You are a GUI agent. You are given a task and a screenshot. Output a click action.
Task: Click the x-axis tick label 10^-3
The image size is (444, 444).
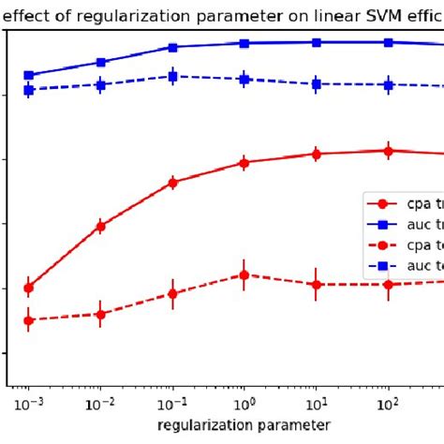(x=28, y=403)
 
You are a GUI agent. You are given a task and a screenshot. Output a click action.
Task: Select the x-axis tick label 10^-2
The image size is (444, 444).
(x=100, y=403)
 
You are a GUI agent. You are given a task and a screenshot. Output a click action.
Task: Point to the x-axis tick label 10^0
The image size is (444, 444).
(x=244, y=403)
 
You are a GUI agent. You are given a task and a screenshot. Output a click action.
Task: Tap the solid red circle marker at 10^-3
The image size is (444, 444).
(x=28, y=288)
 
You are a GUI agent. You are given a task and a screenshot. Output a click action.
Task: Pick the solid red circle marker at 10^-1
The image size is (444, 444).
(x=172, y=183)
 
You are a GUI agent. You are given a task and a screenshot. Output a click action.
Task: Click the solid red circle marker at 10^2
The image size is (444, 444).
(x=388, y=151)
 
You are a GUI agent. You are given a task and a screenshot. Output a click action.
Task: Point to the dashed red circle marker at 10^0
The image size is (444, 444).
(x=244, y=274)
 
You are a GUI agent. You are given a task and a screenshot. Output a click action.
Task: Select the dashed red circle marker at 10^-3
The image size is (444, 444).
(x=28, y=320)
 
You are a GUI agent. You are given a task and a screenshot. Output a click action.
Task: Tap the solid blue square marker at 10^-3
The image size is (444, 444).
(x=28, y=75)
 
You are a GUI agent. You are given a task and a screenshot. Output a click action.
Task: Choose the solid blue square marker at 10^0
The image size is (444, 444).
(x=244, y=43)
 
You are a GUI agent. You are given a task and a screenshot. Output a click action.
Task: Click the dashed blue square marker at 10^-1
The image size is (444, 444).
(x=172, y=77)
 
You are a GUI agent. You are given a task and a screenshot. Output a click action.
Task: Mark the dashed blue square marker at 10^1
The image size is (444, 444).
(x=316, y=84)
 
